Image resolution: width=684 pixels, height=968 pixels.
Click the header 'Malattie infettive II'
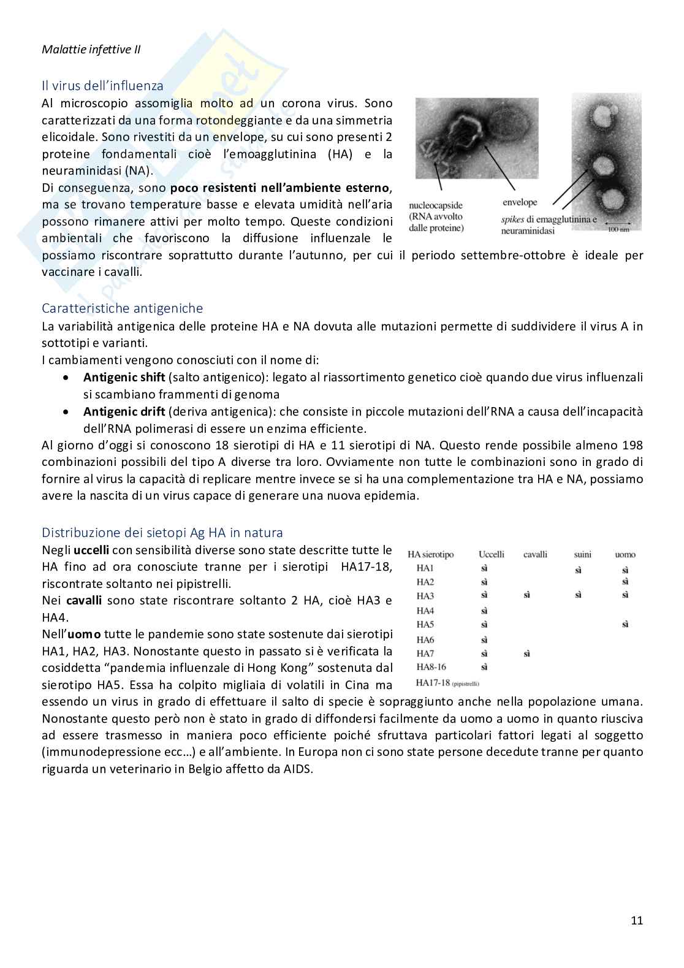(91, 50)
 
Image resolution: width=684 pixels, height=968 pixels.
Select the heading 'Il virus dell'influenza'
(102, 86)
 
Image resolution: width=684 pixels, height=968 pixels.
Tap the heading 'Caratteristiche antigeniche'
(122, 308)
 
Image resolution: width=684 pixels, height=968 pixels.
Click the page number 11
(637, 920)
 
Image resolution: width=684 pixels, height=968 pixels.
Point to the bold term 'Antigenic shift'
(124, 378)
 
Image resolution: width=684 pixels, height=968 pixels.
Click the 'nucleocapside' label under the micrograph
(436, 205)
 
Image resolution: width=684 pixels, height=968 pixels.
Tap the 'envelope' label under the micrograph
(520, 202)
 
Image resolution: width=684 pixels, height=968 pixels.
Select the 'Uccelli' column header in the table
(491, 554)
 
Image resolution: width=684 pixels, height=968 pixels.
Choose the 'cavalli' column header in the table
(535, 554)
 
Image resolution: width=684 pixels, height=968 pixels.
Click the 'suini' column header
(582, 554)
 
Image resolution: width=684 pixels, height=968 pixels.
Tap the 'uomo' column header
(625, 554)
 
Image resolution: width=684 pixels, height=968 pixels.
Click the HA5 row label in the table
(425, 625)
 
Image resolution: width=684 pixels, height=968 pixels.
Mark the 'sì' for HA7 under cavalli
(526, 654)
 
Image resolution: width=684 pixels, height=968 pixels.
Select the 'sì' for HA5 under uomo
(625, 625)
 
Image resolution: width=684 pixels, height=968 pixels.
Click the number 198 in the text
(632, 445)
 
